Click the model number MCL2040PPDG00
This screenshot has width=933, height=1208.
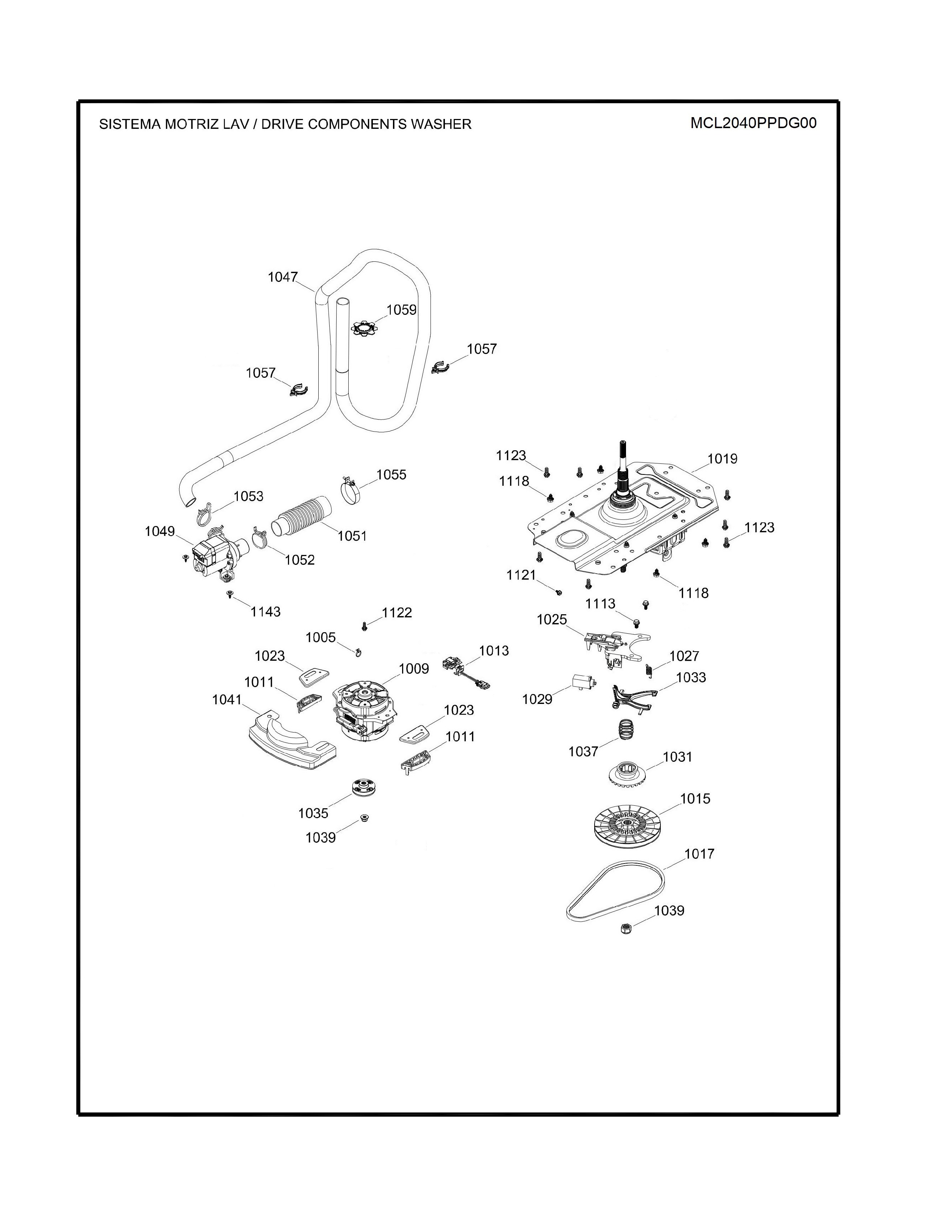point(753,123)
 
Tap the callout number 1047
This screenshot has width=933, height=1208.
point(283,277)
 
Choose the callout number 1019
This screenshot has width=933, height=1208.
point(722,459)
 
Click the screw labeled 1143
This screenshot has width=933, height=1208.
point(230,594)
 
